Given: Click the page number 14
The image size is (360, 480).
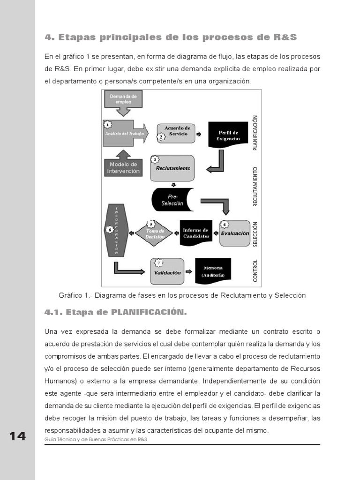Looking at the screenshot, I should pos(17,436).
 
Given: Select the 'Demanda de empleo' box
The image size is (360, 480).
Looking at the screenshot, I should pos(123,100).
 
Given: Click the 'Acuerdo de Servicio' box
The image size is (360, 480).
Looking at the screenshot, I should pos(176,131).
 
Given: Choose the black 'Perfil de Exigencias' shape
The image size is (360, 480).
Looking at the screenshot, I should pos(228,135).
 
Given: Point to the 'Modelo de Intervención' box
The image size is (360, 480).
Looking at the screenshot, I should pos(123,168).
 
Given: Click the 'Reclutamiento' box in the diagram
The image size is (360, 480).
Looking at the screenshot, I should pos(172,168).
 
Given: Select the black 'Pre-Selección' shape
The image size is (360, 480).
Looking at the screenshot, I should pos(172,200).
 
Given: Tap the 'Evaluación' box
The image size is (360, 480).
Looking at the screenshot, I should pos(234,233).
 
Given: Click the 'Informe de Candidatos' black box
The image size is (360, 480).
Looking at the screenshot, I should pos(196,233).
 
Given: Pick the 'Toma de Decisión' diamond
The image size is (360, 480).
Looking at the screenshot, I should pos(154,233).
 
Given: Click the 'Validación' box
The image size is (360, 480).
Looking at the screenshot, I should pos(167,272).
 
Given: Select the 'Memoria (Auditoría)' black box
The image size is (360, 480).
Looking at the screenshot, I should pos(213,271).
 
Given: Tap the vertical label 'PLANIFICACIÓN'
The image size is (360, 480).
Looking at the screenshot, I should pos(255,133).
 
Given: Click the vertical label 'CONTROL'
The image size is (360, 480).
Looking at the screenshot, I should pos(255,270).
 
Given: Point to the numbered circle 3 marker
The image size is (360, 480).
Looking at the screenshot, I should pos(155,160).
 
